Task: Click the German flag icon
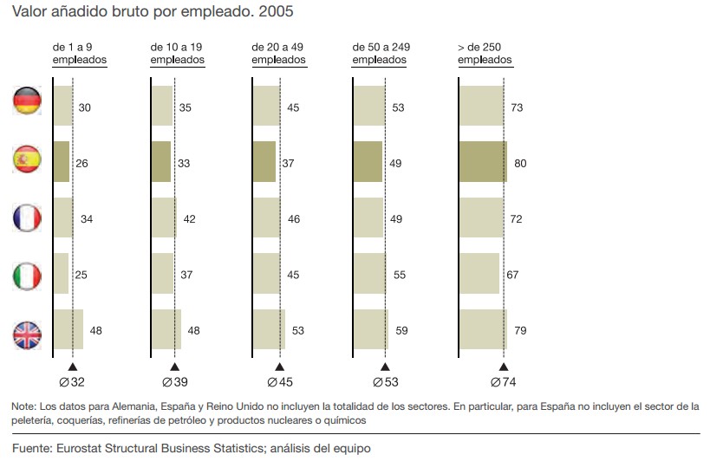(x=27, y=101)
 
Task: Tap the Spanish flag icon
(x=27, y=160)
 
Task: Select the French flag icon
(x=27, y=218)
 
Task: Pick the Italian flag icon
(x=27, y=276)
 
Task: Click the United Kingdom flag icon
(x=27, y=334)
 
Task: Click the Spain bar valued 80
(x=483, y=162)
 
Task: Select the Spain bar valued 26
(x=61, y=162)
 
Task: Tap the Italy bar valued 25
(x=61, y=273)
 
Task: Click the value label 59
(x=402, y=330)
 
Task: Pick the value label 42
(x=190, y=219)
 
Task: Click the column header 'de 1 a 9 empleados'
(x=79, y=54)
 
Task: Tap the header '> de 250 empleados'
(x=485, y=54)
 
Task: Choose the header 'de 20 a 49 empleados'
(x=278, y=54)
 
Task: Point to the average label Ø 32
(x=73, y=382)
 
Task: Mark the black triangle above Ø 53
(x=385, y=367)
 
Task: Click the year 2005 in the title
(x=274, y=13)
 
